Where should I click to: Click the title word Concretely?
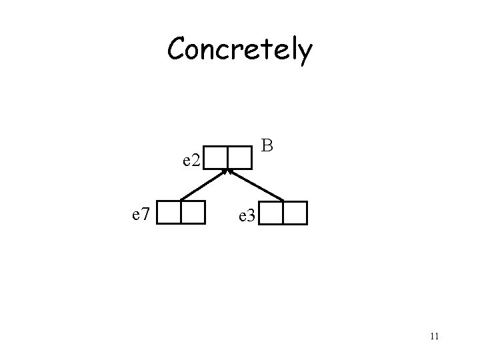click(x=239, y=50)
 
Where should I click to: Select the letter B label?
click(x=267, y=145)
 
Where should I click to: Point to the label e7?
click(x=144, y=214)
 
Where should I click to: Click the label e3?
click(x=245, y=216)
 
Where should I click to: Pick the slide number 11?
click(x=434, y=335)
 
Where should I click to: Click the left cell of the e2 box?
click(x=217, y=157)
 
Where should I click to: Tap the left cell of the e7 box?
click(x=171, y=211)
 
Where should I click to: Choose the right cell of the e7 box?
click(x=193, y=211)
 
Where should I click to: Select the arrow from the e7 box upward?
click(x=203, y=186)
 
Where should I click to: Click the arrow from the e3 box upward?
click(x=257, y=186)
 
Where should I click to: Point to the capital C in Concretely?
click(x=179, y=49)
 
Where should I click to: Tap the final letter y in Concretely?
click(x=303, y=53)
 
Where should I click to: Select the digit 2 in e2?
click(x=197, y=160)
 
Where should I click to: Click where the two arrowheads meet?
click(x=228, y=171)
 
